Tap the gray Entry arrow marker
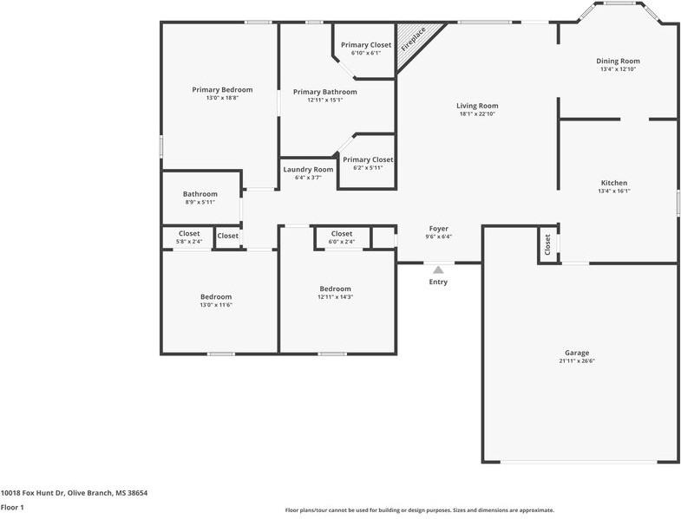point(438,270)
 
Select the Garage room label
point(577,353)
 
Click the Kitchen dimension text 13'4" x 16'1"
point(613,191)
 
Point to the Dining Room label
point(618,62)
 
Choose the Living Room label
point(477,106)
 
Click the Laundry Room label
point(308,170)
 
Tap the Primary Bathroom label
point(324,92)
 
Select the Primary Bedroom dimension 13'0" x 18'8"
point(222,98)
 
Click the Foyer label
point(439,229)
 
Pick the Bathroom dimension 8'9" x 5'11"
point(200,202)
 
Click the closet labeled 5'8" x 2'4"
point(189,237)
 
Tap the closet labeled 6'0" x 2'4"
point(342,237)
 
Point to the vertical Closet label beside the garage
point(547,244)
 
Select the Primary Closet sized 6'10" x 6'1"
point(366,49)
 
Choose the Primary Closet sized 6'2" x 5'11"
point(368,164)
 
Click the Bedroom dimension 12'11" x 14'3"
point(335,297)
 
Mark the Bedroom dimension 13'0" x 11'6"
point(216,305)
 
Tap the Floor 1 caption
point(12,507)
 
